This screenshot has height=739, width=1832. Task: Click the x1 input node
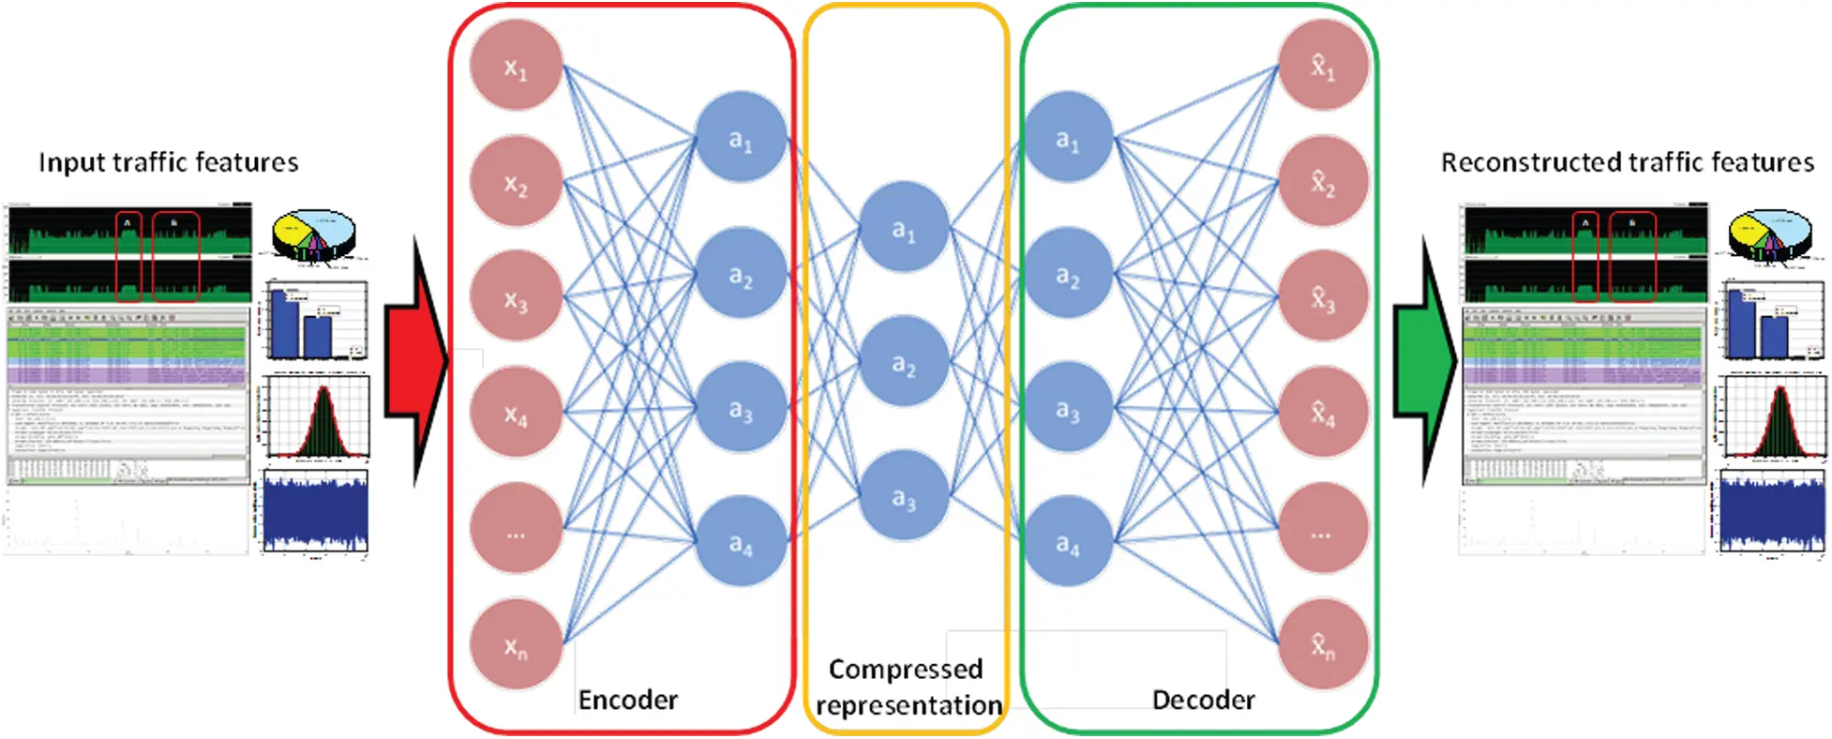point(516,66)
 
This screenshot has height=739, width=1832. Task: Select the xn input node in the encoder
point(516,645)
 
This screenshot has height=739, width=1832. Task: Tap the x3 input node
point(516,298)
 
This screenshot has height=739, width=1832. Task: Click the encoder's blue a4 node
point(741,542)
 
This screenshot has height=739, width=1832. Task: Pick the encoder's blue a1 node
point(741,138)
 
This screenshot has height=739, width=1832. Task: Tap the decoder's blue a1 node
point(1068,138)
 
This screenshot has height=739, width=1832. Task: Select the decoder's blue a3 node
point(1068,408)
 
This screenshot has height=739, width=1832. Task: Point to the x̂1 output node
point(1323,66)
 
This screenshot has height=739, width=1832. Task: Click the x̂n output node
point(1323,645)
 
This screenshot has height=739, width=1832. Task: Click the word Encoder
point(627,700)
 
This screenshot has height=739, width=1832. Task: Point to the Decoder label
point(1203,700)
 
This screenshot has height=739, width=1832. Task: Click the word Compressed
point(906,669)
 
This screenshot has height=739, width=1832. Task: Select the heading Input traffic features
point(169,162)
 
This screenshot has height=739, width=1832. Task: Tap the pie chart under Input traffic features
point(314,233)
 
